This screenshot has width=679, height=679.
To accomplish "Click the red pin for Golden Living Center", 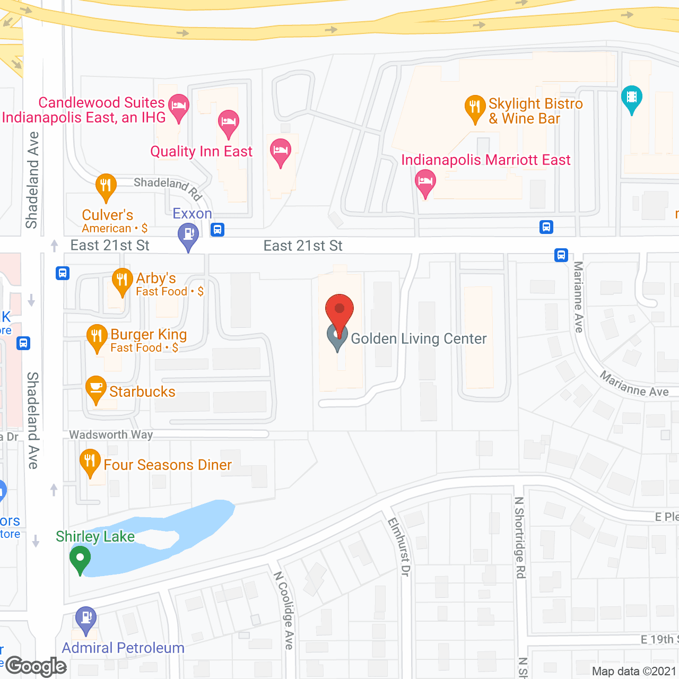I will pos(339,310).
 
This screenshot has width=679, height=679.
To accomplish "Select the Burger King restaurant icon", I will pos(97,337).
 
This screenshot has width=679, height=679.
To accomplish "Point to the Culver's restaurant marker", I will pos(106,187).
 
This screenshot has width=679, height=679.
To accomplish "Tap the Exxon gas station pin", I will pos(188,236).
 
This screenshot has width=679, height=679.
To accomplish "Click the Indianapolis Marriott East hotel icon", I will pos(425,182).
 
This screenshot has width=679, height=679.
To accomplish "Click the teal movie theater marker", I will pos(631,98).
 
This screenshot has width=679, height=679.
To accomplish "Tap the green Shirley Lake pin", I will pos(80,560).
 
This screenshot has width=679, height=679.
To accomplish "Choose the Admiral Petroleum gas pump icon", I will pos(86,620).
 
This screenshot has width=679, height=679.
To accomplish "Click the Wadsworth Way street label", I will pos(111,435).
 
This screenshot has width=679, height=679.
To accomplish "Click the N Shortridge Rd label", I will pos(520,537).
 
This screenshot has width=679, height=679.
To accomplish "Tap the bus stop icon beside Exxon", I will pos(217,230).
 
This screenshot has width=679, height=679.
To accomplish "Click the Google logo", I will pos(36,666).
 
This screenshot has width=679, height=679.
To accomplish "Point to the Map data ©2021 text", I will pos(634,671).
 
